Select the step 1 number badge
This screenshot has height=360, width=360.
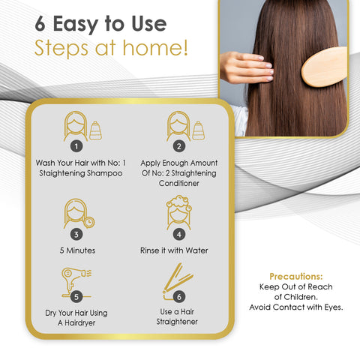pos(76,146)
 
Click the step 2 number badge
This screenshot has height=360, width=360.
pos(179,146)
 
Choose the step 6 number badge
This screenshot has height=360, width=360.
pos(179,295)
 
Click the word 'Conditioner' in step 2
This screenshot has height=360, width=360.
pos(178,182)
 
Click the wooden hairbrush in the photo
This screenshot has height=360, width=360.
pos(325,68)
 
